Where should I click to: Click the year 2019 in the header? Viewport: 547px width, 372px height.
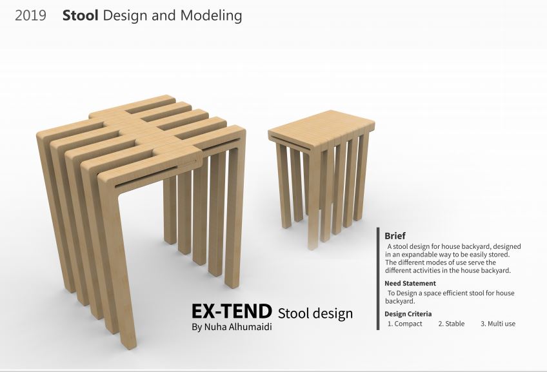(30, 15)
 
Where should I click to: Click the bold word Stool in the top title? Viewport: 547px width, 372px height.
(80, 15)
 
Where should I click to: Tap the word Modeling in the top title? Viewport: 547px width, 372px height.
(211, 16)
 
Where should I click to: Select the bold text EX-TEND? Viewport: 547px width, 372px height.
(232, 311)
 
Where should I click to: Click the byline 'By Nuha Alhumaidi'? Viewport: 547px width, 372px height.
(232, 327)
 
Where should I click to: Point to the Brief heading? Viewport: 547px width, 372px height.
(395, 236)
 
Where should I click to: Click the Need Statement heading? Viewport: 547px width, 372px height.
(410, 284)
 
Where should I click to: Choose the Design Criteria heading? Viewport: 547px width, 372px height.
(408, 314)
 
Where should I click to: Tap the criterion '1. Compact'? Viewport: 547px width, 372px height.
(404, 324)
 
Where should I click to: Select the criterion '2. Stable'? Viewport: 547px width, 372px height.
(452, 324)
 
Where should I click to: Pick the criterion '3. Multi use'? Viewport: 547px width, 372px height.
(498, 324)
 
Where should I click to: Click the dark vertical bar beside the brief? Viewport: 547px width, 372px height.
(378, 279)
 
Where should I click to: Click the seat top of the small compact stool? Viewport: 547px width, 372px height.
(321, 128)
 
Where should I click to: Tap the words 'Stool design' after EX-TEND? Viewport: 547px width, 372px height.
(315, 313)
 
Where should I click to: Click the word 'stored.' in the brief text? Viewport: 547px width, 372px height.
(499, 255)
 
